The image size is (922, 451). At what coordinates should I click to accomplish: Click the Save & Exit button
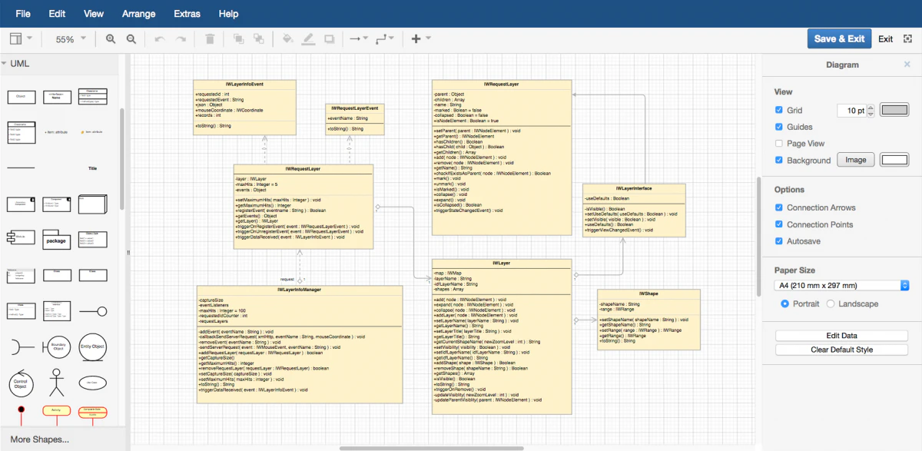839,39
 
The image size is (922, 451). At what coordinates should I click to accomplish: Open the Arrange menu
138,14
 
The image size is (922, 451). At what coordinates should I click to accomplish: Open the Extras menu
187,14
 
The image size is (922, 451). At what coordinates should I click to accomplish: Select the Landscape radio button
831,303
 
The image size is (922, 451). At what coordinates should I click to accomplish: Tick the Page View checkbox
779,144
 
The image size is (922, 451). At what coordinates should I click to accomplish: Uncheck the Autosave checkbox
779,241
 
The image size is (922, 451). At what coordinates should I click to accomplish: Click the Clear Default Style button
841,350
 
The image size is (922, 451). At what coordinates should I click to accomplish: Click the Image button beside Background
855,160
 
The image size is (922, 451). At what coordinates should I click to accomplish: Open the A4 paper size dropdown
841,286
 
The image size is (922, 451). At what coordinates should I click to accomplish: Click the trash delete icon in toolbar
210,39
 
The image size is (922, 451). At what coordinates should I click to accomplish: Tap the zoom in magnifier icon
111,39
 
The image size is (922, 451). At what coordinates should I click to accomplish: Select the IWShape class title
648,293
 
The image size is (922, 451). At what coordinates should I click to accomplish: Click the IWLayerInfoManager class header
300,290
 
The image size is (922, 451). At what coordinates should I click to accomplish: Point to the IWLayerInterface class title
634,188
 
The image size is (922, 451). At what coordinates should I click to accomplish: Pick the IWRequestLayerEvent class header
354,108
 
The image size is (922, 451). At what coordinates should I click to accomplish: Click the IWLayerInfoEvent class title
244,84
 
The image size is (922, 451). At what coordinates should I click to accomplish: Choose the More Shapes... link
40,439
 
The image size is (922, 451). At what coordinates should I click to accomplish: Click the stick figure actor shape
55,381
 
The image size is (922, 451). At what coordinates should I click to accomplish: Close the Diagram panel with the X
907,65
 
